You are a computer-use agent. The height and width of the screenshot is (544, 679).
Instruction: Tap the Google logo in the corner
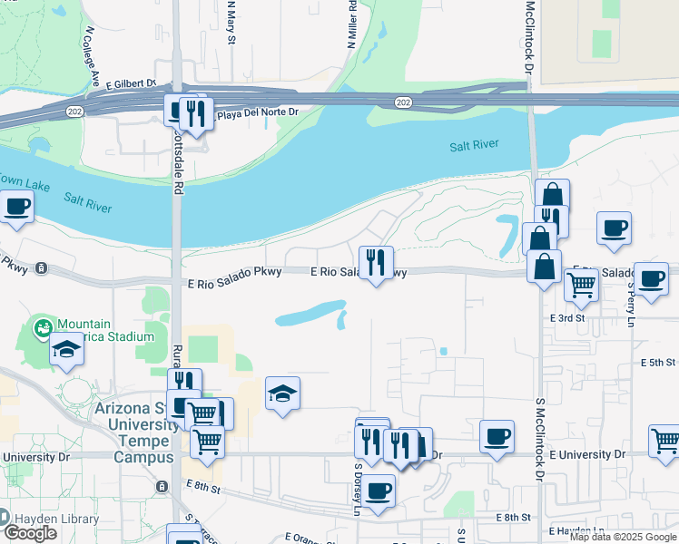(30, 533)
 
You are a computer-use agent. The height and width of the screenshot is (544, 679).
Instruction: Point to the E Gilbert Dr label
(132, 84)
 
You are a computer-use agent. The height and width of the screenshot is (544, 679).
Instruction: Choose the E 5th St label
(659, 363)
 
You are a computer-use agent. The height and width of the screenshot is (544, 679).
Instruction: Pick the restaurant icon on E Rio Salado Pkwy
(376, 262)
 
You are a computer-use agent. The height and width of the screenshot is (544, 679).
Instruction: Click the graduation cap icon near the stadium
(66, 349)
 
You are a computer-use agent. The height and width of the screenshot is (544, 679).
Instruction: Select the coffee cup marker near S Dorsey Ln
(379, 490)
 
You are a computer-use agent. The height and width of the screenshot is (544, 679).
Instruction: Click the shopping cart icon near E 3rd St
(581, 285)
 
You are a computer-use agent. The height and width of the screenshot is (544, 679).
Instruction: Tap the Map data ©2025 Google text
(623, 537)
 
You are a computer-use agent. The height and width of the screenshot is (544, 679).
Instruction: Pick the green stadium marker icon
(42, 325)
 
